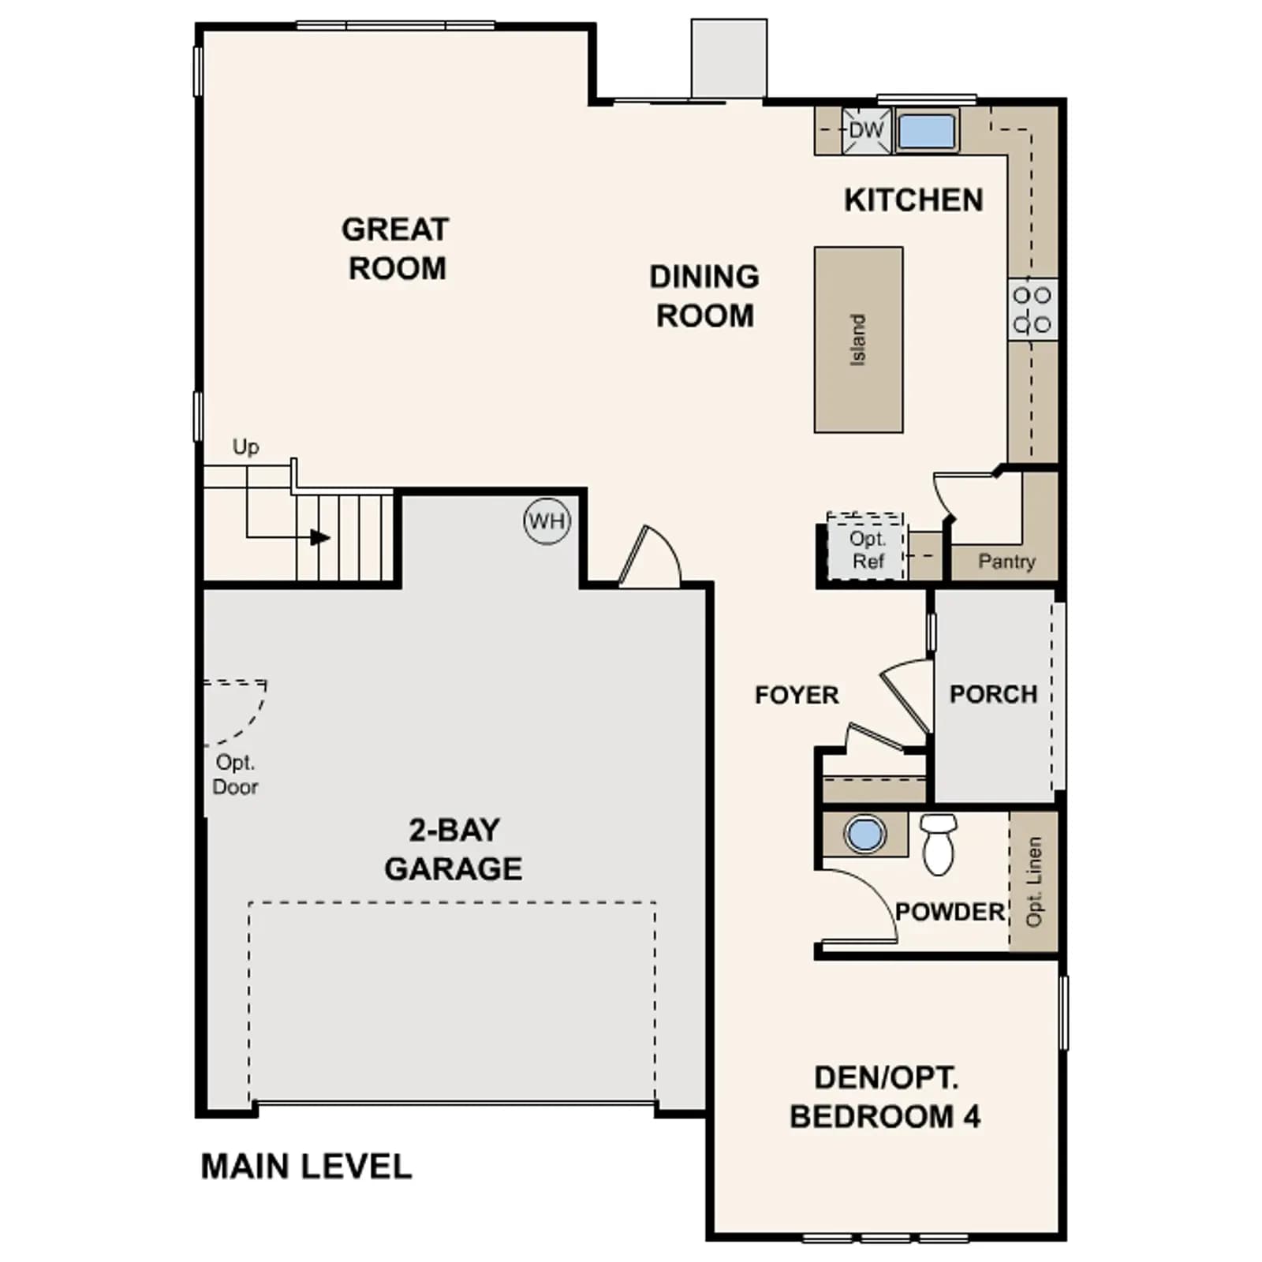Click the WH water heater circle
(x=547, y=521)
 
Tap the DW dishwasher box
(x=867, y=131)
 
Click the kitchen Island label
(x=857, y=340)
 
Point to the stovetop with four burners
(x=1032, y=309)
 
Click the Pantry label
(x=1006, y=562)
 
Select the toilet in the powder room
(x=939, y=844)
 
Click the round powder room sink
(x=865, y=834)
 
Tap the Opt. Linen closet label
(x=1034, y=881)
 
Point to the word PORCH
(x=993, y=694)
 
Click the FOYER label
(x=797, y=695)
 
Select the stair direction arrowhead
(x=319, y=538)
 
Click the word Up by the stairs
(x=245, y=447)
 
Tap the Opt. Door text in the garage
(x=235, y=775)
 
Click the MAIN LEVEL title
(x=306, y=1167)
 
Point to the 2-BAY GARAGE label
(x=454, y=849)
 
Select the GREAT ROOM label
(x=395, y=248)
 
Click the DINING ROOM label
(x=704, y=296)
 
